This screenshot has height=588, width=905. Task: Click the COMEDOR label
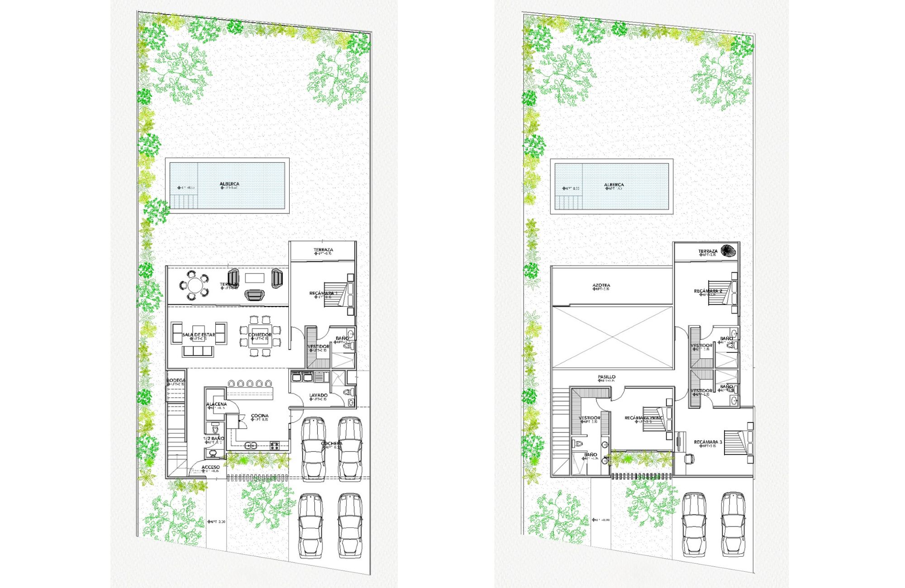coord(260,335)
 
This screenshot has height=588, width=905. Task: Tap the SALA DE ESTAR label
coord(198,335)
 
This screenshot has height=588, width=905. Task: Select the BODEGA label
coord(176,380)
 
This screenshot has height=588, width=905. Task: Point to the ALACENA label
coord(216,404)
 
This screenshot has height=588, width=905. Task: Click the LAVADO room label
coord(318,395)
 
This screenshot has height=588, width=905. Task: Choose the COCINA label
coord(260,416)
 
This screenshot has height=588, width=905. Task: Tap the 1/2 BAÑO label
coord(214,439)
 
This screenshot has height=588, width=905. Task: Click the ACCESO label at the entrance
coord(210,467)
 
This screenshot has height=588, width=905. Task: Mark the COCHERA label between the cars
coord(332,443)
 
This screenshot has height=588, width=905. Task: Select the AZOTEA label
coord(601,285)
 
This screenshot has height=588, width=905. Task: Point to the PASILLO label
coord(606,376)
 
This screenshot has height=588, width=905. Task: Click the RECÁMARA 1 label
coord(323,293)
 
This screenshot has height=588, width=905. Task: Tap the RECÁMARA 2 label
coord(708,291)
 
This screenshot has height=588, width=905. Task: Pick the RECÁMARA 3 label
coord(708,442)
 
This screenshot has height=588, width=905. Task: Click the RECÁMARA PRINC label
coord(643,418)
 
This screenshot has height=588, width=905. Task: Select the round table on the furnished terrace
coord(195,285)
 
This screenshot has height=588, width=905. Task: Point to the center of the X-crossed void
coord(612,337)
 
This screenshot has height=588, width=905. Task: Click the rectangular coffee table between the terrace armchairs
coord(255,278)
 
